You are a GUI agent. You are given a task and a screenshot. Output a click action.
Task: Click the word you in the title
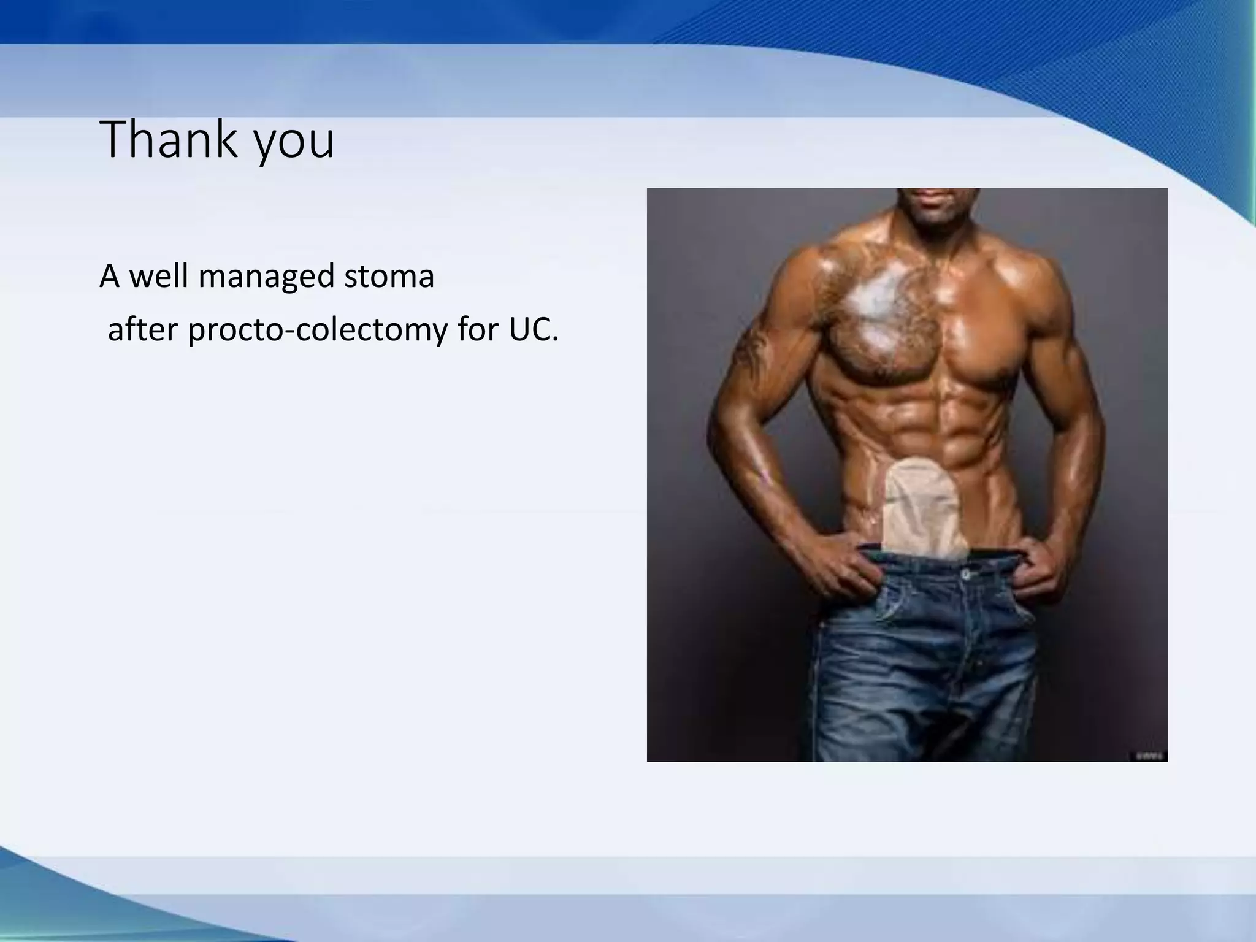294,142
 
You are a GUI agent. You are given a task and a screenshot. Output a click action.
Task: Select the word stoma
389,276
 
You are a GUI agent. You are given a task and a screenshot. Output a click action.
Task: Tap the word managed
266,277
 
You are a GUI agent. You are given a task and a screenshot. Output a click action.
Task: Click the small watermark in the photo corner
1147,756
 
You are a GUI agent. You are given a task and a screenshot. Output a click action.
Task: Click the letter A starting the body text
109,276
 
